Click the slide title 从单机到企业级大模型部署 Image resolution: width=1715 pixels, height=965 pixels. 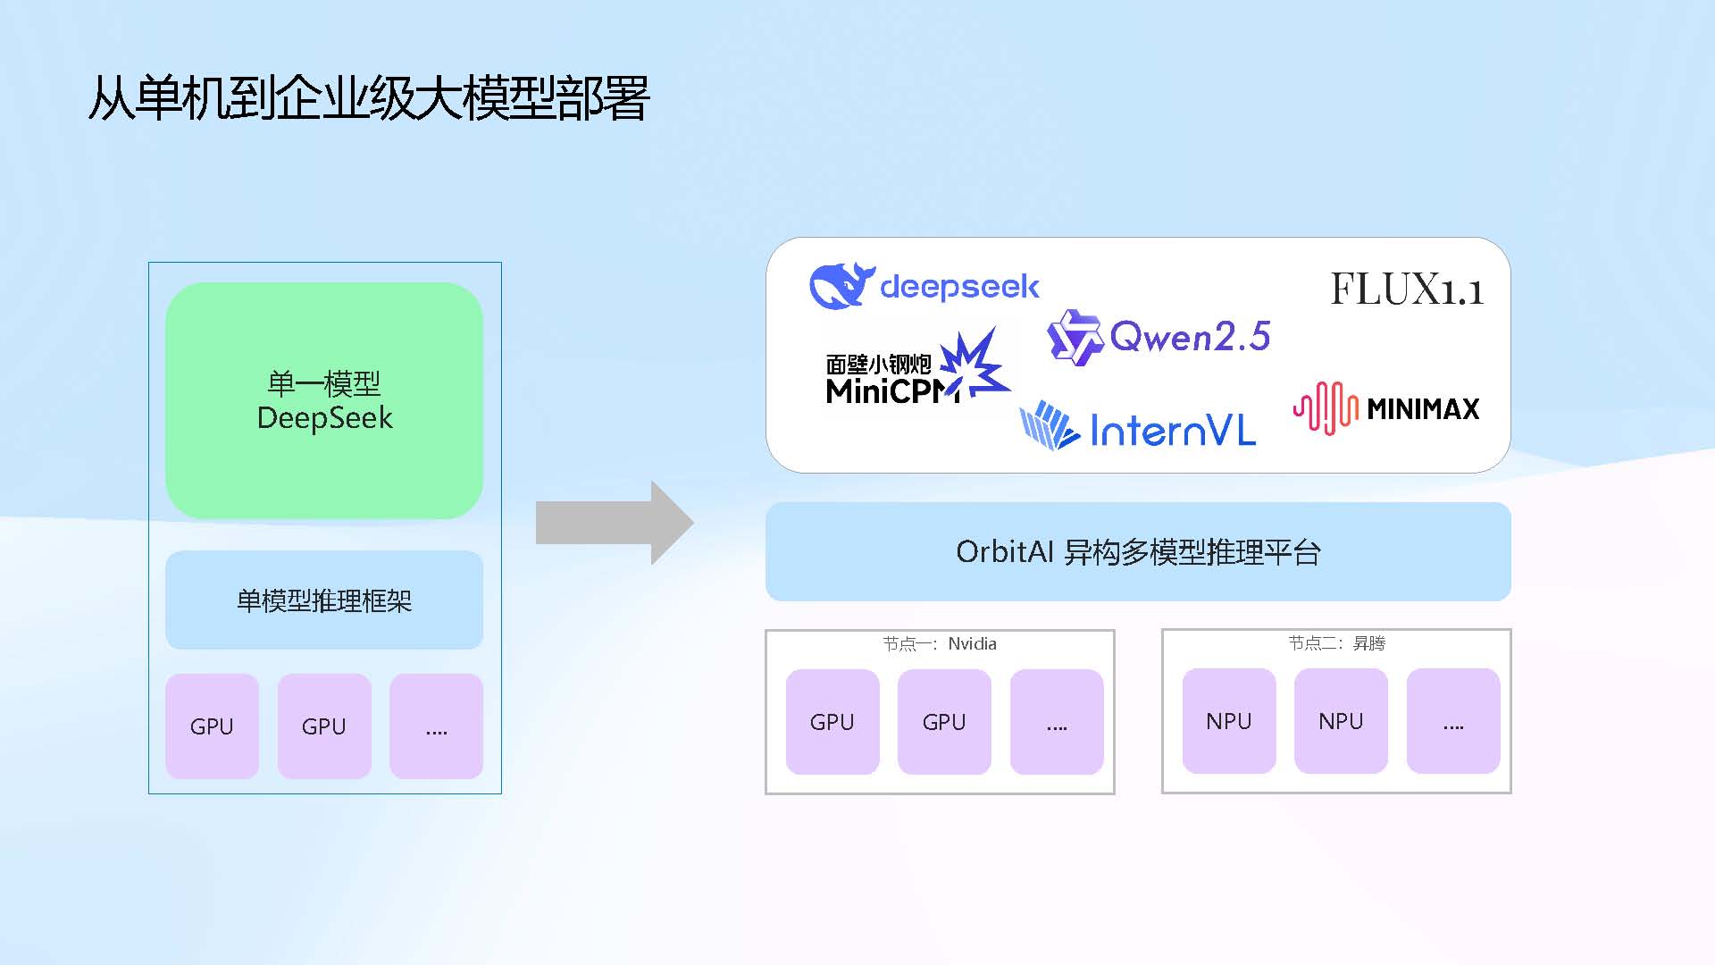point(368,97)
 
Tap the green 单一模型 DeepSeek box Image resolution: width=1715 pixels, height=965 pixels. point(324,400)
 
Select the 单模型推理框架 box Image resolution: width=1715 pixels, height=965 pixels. point(324,600)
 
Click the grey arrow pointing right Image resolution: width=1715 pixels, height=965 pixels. point(615,523)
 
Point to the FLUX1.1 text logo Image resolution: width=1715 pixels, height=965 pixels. point(1406,289)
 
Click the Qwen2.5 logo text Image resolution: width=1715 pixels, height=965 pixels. point(1189,337)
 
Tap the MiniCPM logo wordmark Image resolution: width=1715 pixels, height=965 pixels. point(890,390)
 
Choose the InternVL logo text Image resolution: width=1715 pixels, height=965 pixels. point(1172,432)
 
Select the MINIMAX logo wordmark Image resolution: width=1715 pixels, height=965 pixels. point(1423,409)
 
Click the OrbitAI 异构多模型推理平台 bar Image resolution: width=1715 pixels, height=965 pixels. point(1138,551)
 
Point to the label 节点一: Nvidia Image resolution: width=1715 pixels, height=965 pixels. point(940,643)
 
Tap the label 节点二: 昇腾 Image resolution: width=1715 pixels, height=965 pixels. point(1336,643)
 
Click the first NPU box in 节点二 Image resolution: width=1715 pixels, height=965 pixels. point(1229,721)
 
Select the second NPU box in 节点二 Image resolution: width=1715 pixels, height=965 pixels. point(1341,721)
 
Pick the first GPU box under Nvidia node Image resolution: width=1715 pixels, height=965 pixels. point(832,722)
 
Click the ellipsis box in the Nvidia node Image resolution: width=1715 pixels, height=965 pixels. point(1057,722)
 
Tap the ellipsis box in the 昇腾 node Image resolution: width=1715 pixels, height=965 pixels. point(1453,721)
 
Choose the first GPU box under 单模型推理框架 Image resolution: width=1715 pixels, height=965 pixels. point(212,726)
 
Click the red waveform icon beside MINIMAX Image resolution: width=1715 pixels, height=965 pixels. point(1326,408)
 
